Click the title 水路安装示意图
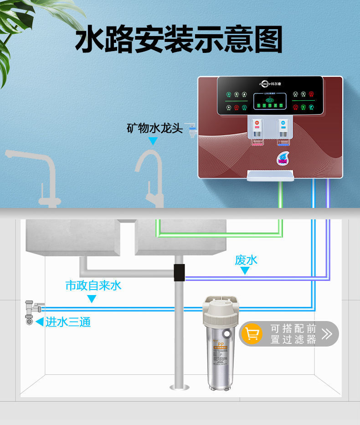pos(179,40)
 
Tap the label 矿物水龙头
pos(154,128)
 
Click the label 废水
pos(246,260)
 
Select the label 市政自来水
pos(93,285)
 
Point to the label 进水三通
pos(68,322)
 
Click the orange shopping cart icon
pos(252,334)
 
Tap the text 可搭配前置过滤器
pos(293,334)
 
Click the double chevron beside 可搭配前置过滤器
pos(327,334)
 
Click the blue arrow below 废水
pos(245,271)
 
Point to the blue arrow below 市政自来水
pos(92,299)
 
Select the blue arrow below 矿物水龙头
pos(153,141)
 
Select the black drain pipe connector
pos(180,272)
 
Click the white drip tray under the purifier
pos(270,176)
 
